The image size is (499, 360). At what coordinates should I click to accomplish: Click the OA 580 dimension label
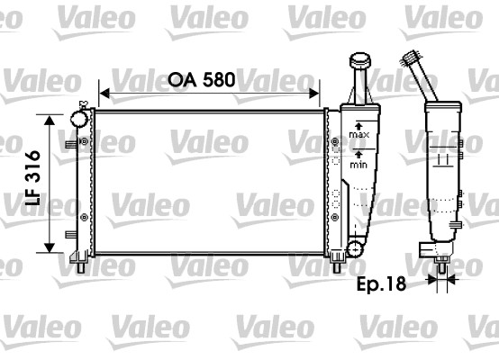[202, 79]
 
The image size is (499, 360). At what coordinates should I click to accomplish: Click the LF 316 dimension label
[32, 177]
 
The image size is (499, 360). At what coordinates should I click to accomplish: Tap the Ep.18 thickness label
[381, 284]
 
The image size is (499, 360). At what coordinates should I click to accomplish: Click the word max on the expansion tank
[359, 134]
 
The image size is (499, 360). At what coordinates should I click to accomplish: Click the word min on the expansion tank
[358, 165]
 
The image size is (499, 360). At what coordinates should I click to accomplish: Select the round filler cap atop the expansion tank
[360, 60]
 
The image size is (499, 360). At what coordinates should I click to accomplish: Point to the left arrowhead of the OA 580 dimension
[104, 94]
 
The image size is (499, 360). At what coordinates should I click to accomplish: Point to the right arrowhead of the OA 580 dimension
[313, 94]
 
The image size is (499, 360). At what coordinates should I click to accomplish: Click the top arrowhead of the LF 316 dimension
[50, 121]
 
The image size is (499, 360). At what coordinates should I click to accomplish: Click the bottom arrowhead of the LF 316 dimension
[50, 247]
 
